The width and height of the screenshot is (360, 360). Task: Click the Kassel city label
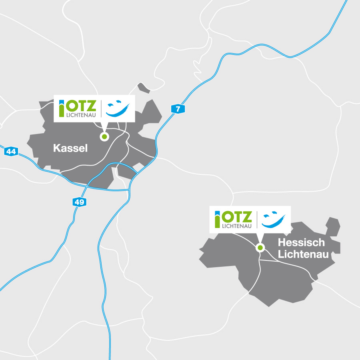tap(70, 148)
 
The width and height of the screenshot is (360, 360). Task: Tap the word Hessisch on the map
tap(301, 242)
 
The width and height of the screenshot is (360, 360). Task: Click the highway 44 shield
tap(12, 152)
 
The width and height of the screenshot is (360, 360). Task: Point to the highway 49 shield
tap(79, 202)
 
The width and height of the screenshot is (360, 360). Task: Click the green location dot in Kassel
tap(104, 137)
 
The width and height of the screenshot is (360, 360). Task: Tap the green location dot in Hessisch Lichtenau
tap(260, 248)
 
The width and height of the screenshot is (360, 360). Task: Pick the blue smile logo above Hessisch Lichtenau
tap(274, 220)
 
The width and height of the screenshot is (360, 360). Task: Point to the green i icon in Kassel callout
tap(62, 108)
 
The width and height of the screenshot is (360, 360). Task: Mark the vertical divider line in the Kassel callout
tap(101, 108)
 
